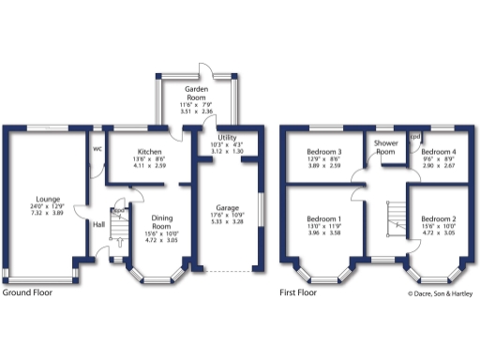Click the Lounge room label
[44, 199]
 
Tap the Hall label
[98, 224]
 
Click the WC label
[97, 147]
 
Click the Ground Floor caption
[27, 292]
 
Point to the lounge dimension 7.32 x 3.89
[44, 214]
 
